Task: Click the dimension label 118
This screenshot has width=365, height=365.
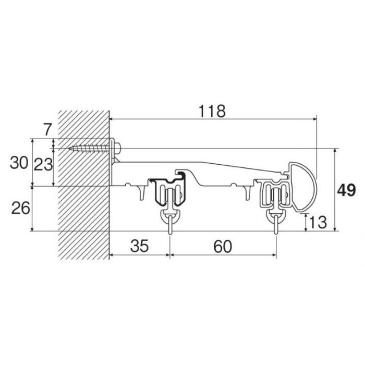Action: click(212, 111)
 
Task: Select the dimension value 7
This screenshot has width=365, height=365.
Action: click(47, 129)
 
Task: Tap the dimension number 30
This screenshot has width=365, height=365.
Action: click(19, 163)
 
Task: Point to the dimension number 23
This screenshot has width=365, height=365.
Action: click(43, 165)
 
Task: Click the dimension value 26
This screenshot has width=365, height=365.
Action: click(21, 208)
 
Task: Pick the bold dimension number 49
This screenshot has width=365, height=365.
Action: click(346, 190)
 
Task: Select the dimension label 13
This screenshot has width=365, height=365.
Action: click(318, 222)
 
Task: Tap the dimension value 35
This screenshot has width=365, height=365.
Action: click(139, 246)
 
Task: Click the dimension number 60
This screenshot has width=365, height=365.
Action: click(223, 247)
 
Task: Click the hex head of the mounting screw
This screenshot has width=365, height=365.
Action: click(117, 148)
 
